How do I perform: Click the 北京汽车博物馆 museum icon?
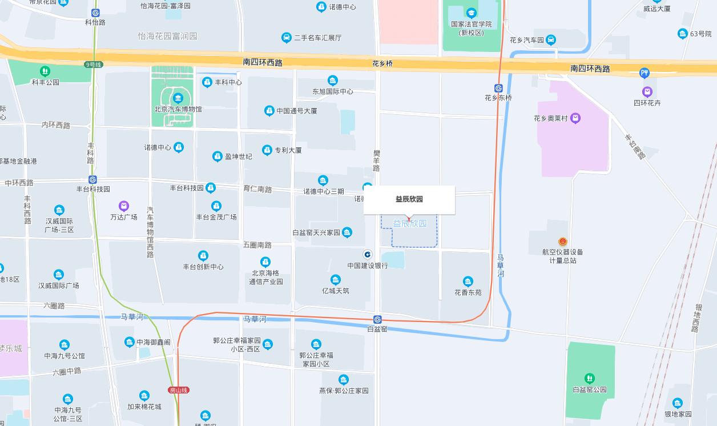pos(178,98)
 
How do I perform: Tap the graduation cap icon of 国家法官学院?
pos(471,13)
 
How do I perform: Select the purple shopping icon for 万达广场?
pos(124,206)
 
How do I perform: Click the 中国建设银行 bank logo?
pos(368,255)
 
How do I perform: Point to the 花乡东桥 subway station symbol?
pos(498,88)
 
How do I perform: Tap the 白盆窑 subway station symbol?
pos(377,319)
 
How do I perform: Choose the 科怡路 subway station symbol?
pos(95,13)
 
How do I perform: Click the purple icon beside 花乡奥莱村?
pos(575,118)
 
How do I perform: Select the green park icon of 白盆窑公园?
pos(590,378)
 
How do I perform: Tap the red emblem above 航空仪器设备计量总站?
pos(563,242)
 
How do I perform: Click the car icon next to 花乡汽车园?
pos(551,40)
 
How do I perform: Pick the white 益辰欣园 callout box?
pos(409,199)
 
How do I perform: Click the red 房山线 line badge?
pos(179,390)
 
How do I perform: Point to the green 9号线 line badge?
pos(92,65)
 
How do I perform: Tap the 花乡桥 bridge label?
pos(382,63)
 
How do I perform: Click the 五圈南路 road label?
pos(257,245)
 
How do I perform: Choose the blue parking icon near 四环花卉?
pos(645,73)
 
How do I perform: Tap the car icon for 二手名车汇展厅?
pos(287,38)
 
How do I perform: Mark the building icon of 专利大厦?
pos(267,150)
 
